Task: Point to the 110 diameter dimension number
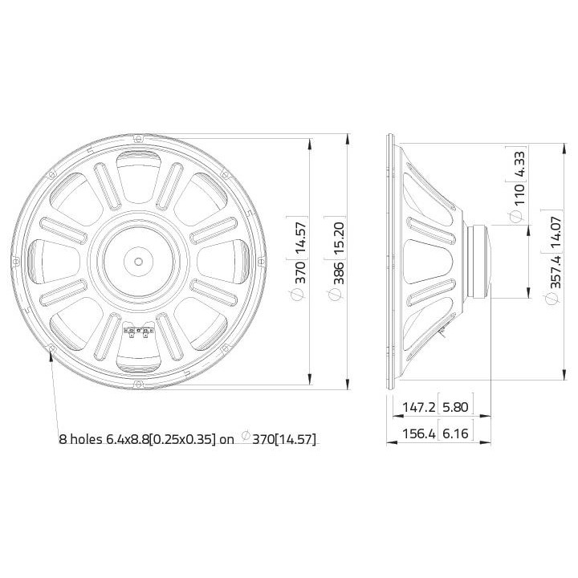pos(518,193)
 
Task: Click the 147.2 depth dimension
pos(418,408)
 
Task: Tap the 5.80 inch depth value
pos(456,408)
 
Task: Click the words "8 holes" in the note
pos(80,439)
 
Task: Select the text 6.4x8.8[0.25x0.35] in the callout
pos(161,439)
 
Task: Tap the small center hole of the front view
pos(138,261)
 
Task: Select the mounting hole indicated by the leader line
pos(51,348)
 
